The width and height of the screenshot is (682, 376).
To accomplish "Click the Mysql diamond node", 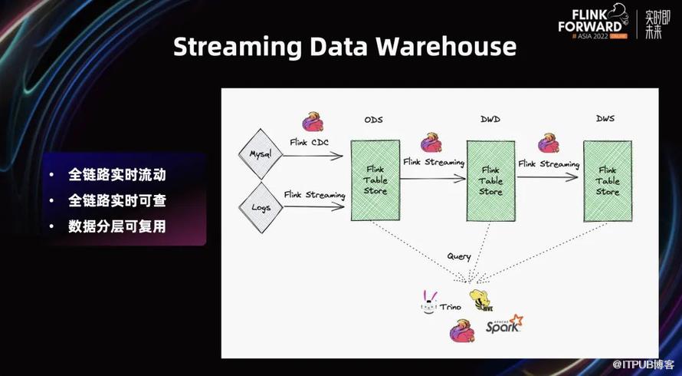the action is pyautogui.click(x=261, y=153).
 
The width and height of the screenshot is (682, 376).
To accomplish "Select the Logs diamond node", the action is pyautogui.click(x=261, y=207).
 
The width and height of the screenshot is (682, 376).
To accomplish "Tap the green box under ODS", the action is pyautogui.click(x=375, y=180).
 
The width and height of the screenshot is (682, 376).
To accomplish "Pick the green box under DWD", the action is pyautogui.click(x=490, y=181).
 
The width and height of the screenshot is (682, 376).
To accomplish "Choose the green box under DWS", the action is pyautogui.click(x=607, y=181).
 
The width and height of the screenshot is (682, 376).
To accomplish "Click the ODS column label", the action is pyautogui.click(x=374, y=120).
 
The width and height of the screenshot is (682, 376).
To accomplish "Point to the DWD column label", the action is pyautogui.click(x=490, y=119).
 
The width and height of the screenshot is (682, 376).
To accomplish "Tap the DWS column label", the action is pyautogui.click(x=605, y=118).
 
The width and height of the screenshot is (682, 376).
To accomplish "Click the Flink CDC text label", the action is pyautogui.click(x=310, y=142).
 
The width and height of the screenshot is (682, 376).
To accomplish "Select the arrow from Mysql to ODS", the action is pyautogui.click(x=313, y=155).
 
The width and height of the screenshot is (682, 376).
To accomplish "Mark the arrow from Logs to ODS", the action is pyautogui.click(x=314, y=207).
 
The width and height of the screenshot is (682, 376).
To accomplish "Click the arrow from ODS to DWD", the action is pyautogui.click(x=433, y=178).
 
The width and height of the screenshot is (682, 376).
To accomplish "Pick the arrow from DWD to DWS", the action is pyautogui.click(x=548, y=177).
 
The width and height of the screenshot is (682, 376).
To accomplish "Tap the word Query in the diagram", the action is pyautogui.click(x=459, y=256).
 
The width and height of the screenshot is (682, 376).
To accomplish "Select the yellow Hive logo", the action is pyautogui.click(x=480, y=300).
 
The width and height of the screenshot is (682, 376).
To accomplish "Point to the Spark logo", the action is pyautogui.click(x=504, y=324).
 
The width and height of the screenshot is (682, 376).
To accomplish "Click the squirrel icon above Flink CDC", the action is pyautogui.click(x=313, y=122).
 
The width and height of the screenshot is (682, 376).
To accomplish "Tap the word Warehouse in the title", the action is pyautogui.click(x=446, y=46).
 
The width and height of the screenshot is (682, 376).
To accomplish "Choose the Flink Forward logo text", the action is pyautogui.click(x=590, y=21).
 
